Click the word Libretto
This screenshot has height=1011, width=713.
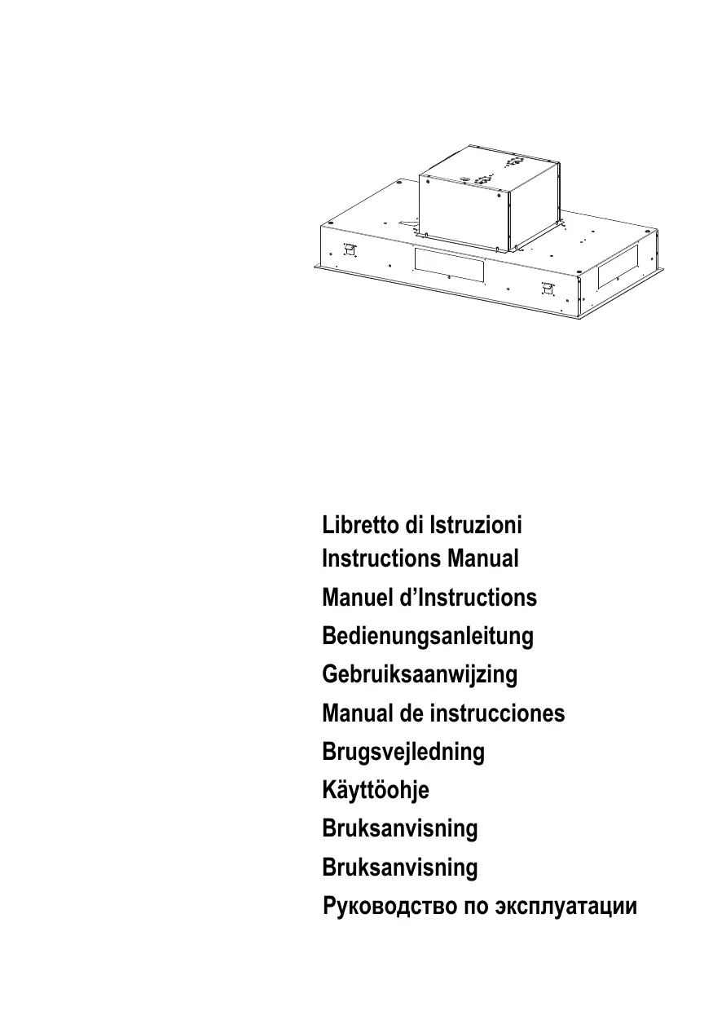coord(364,525)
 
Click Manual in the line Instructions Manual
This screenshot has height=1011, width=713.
coord(482,559)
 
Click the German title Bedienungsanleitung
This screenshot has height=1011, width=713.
coord(428,636)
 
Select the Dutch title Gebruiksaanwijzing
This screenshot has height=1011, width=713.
coord(420,675)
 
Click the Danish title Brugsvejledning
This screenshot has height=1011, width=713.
coord(403,752)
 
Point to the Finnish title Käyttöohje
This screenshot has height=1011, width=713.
coord(376,790)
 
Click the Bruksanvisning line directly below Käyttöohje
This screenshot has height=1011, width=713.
coord(400,828)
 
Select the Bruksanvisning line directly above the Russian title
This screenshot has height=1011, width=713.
coord(400,867)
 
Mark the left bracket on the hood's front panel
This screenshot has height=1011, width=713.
coord(350,249)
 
